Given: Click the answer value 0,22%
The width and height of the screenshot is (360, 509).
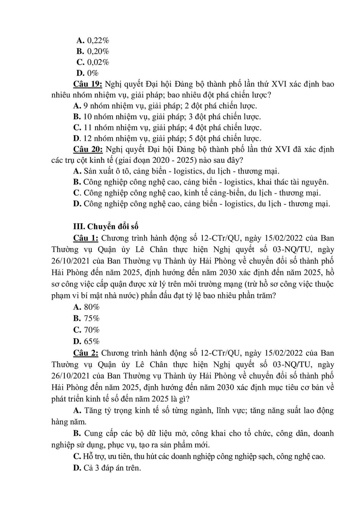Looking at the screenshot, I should [x=98, y=40].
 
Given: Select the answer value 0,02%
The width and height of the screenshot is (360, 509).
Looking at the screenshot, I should [x=98, y=62].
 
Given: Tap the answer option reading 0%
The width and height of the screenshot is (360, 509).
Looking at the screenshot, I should [x=93, y=73].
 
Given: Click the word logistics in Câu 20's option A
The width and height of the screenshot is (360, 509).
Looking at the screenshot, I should [x=187, y=171].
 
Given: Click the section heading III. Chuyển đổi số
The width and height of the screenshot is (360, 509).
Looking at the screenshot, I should [x=106, y=226].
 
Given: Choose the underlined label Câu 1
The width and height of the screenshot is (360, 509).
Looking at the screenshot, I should [x=85, y=238].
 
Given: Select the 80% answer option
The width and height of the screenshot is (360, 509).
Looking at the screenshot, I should [x=92, y=307].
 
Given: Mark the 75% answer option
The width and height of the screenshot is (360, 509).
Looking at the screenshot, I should [x=92, y=318].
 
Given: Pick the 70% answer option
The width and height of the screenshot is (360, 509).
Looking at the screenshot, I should [x=92, y=330].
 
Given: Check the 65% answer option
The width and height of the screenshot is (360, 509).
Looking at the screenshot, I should [x=92, y=341].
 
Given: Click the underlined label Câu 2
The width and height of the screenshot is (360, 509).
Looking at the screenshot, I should [x=86, y=353].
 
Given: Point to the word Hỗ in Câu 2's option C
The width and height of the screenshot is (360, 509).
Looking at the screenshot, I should [x=87, y=456].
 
